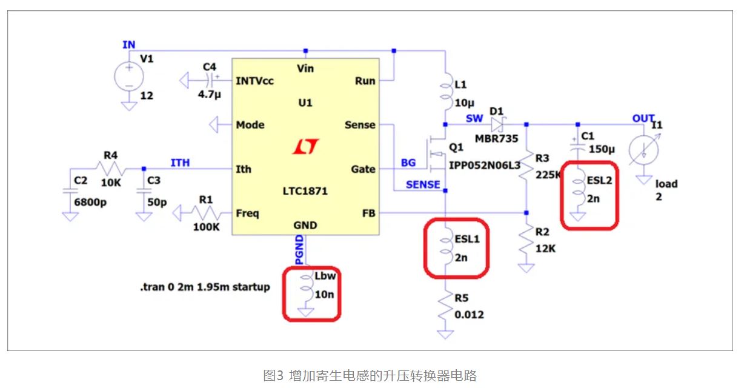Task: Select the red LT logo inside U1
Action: click(305, 147)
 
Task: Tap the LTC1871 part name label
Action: click(305, 191)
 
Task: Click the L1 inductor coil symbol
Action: click(445, 92)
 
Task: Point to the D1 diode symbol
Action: click(498, 125)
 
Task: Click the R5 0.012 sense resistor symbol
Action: click(445, 307)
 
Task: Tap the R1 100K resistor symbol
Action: click(205, 213)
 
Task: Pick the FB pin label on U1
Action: click(367, 213)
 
